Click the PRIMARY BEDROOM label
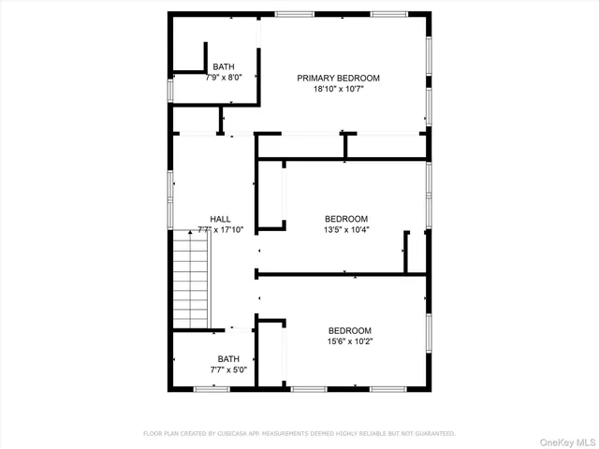tap(339, 79)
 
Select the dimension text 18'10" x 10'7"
tap(339, 91)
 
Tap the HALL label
tap(221, 219)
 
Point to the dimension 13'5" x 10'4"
tap(346, 230)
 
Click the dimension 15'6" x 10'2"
tap(349, 342)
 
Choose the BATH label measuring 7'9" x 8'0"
tap(224, 66)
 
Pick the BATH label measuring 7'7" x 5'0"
tap(229, 358)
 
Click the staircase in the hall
tap(192, 281)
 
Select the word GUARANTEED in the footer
tap(431, 434)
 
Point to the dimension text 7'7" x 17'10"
tap(221, 230)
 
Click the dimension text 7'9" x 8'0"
tap(224, 78)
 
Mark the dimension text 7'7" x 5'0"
tap(229, 370)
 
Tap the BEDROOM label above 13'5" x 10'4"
tap(346, 218)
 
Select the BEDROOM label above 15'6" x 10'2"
tap(349, 330)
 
